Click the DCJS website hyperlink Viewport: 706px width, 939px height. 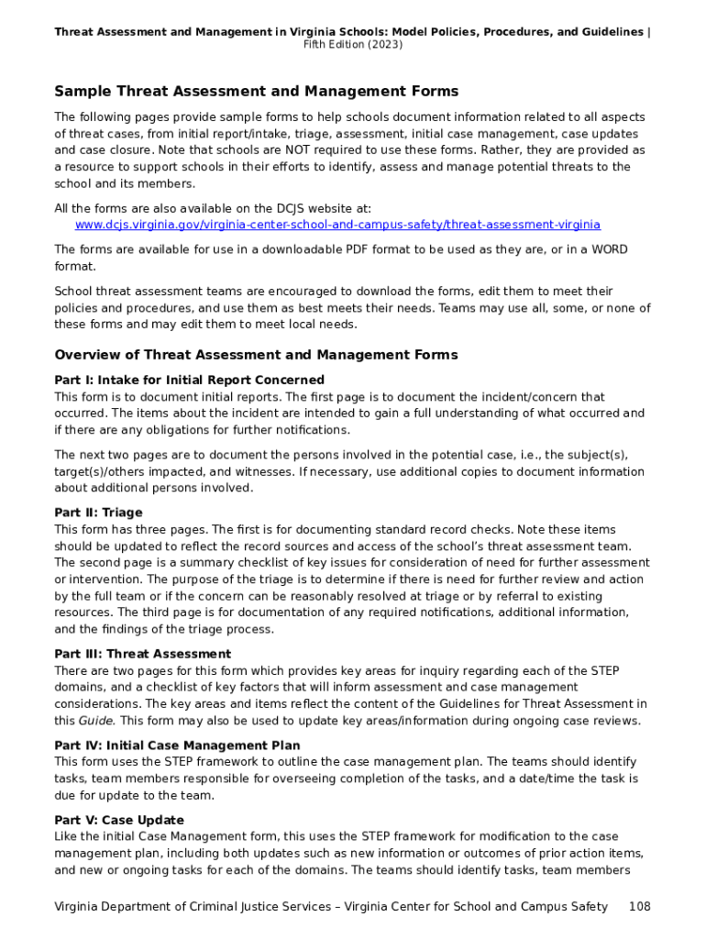point(337,225)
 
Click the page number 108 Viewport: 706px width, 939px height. point(639,907)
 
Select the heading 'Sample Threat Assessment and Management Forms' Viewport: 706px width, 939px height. point(256,92)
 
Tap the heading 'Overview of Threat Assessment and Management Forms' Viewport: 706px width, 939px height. point(256,355)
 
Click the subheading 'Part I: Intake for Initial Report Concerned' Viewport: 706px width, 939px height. point(189,380)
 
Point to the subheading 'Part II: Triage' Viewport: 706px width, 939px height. point(98,513)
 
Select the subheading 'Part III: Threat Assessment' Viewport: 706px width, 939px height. point(142,654)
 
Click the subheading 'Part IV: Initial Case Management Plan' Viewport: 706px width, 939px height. point(177,746)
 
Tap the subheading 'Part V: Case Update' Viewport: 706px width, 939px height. point(119,820)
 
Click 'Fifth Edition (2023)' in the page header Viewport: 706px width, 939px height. point(352,45)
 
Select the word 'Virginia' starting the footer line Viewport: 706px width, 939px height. point(79,907)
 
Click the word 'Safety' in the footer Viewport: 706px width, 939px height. point(587,907)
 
